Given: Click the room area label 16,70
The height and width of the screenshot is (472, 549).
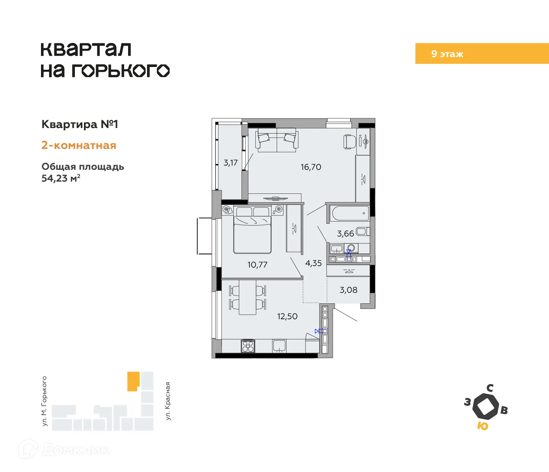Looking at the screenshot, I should point(311,167).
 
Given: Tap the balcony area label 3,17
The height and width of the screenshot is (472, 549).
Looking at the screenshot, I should point(231,163).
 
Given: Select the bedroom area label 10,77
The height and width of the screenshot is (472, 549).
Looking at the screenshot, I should point(257,265).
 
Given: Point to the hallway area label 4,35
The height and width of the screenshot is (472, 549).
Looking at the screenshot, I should point(313,263).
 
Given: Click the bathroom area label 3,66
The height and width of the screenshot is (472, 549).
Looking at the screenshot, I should point(345,234).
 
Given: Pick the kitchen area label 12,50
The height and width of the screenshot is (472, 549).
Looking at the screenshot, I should point(287,316).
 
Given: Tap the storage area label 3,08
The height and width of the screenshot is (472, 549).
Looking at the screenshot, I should point(348,290).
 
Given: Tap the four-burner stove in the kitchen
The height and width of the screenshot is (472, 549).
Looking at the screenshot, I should point(248,346).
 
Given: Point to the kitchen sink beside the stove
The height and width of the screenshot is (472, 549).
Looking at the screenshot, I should point(279,346).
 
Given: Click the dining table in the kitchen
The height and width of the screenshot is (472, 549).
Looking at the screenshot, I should point(248,297).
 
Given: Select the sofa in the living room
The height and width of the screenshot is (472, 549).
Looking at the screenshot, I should point(277,140).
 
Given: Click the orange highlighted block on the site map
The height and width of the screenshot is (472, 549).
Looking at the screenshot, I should point(133,381).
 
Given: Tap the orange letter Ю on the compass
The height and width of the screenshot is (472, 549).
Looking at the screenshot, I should point(482,426).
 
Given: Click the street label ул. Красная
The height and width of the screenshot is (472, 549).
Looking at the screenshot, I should point(168,401).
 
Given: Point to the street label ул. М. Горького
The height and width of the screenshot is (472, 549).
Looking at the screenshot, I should point(44,401).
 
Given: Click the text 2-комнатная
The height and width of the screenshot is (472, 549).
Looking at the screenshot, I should point(79,145).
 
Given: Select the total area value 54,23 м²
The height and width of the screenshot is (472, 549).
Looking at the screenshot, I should point(61,178).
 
